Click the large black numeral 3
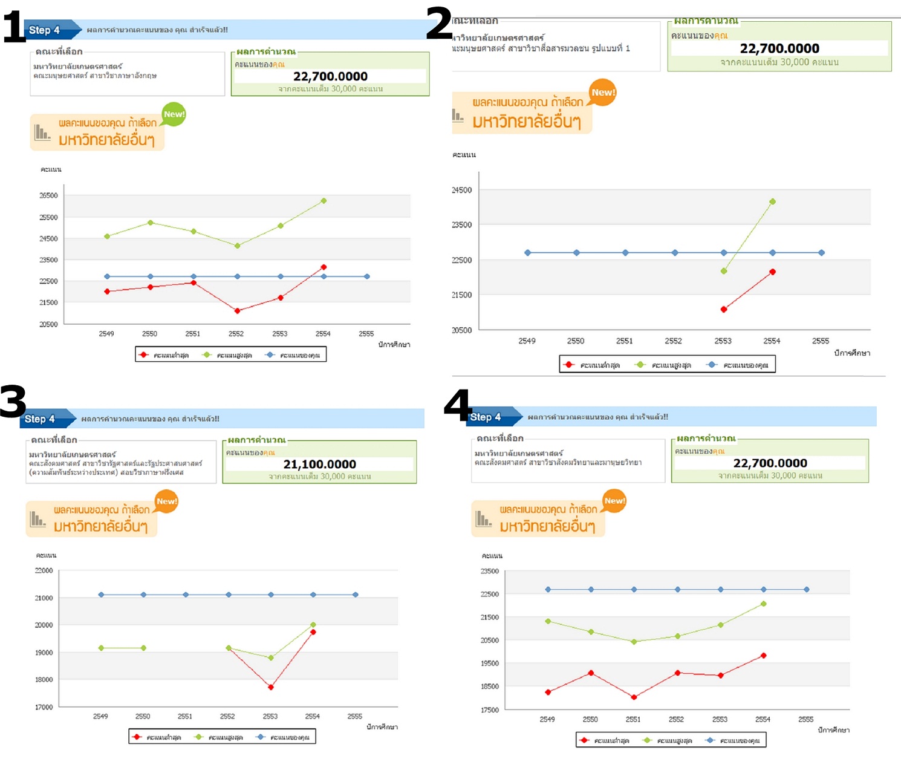pos(13,401)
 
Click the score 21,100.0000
pos(319,464)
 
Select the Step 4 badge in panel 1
pos(45,30)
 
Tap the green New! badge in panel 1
pos(174,114)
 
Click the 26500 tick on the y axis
pos(48,195)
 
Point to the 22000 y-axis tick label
pos(44,570)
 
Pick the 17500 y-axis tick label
pos(489,709)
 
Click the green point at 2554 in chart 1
pos(324,201)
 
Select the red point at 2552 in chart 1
pos(237,311)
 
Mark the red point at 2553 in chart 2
pos(724,309)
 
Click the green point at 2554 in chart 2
pos(772,201)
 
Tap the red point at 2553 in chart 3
pos(271,687)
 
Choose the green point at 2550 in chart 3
pos(143,648)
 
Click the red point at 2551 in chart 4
pos(634,697)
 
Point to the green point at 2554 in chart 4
pos(763,604)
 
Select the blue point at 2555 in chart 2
pos(821,253)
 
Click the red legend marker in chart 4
pos(584,740)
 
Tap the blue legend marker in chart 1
pos(270,355)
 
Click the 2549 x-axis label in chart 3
pos(100,716)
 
